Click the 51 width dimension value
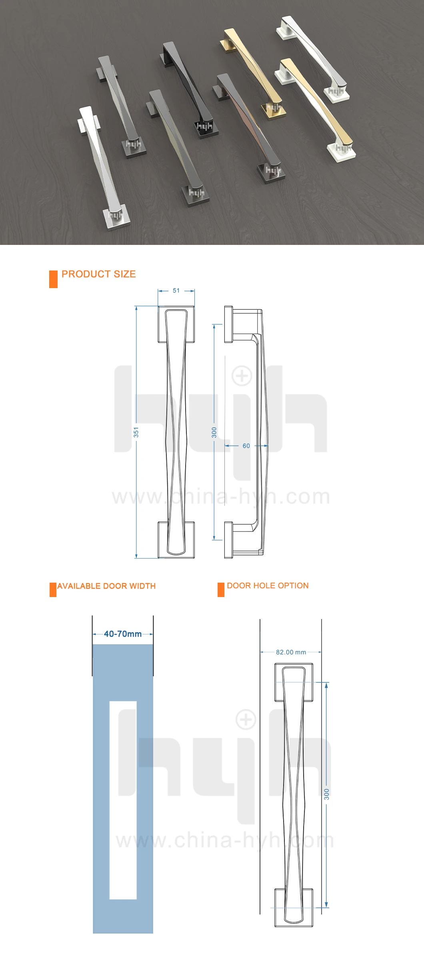click(x=176, y=291)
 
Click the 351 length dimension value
click(x=136, y=432)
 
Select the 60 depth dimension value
click(x=246, y=446)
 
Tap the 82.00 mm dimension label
click(x=291, y=652)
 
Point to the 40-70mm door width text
click(x=123, y=634)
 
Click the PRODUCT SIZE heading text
click(x=99, y=274)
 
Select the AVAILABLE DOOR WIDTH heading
click(x=106, y=586)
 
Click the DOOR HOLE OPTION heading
click(x=268, y=585)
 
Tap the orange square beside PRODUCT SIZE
click(x=53, y=279)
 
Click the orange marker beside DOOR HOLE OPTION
click(x=221, y=590)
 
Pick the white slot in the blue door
click(x=123, y=800)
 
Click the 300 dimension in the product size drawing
click(x=214, y=432)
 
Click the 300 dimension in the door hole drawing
click(x=327, y=794)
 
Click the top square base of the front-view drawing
click(x=176, y=325)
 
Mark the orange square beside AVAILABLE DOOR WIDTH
click(x=53, y=590)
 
